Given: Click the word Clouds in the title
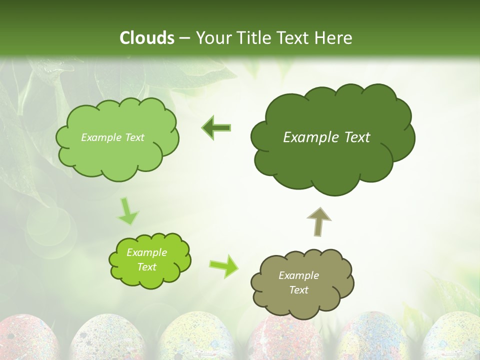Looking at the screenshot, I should point(146,38).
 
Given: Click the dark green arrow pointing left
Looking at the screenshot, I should point(216,128).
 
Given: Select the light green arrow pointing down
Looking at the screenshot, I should point(127,211).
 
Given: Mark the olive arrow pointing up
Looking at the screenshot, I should point(319,221).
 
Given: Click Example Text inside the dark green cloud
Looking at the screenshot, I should point(326,137).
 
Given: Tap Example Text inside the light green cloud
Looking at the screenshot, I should point(112,137).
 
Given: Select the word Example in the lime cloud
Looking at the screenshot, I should point(146,252).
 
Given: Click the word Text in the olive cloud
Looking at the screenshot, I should point(298,290).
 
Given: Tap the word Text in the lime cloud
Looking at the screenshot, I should point(146,267).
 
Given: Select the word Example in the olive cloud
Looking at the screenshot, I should point(298,275).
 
